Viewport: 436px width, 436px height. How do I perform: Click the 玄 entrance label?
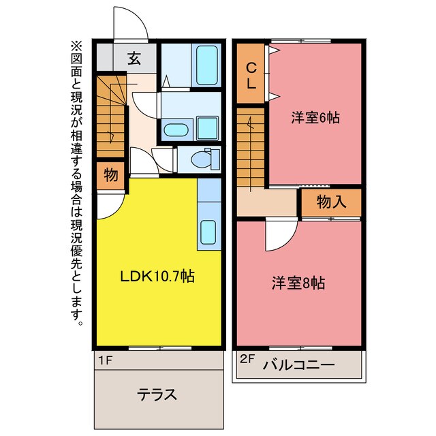tap(134, 59)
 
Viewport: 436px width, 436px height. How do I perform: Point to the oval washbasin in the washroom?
tap(177, 128)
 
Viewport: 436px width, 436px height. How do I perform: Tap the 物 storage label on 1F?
tap(110, 175)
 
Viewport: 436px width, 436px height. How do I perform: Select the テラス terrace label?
tap(157, 394)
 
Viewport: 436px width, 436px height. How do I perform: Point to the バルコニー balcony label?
tap(298, 366)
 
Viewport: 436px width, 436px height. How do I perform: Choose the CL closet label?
tap(251, 75)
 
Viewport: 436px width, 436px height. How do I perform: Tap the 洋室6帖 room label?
tap(315, 117)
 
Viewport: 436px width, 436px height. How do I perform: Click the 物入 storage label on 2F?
tap(330, 202)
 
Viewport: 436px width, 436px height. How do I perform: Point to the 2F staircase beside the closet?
tap(250, 146)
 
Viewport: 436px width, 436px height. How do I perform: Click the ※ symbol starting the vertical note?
tap(76, 47)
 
